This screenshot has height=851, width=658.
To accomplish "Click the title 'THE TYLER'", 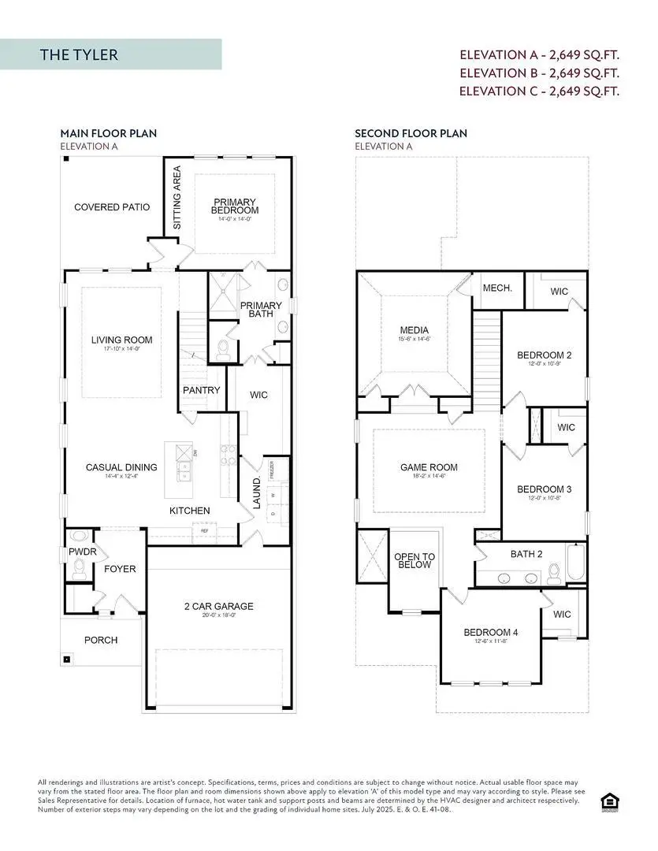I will tap(79, 55).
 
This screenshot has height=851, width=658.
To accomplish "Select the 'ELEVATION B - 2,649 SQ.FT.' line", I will tap(540, 72).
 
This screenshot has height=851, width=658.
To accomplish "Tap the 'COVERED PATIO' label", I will tap(112, 207).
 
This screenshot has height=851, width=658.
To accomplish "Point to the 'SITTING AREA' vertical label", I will tap(177, 197).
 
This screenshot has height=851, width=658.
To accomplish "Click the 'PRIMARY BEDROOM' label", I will tap(235, 206).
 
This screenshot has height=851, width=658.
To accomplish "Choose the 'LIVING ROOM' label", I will tap(121, 340).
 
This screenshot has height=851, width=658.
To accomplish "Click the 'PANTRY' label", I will tap(201, 390).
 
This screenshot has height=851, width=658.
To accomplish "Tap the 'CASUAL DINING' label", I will tap(121, 467).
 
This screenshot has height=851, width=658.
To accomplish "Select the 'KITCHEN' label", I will tap(190, 511).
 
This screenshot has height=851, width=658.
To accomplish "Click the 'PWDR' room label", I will tap(82, 552).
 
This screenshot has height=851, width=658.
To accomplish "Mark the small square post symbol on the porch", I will tap(67, 660).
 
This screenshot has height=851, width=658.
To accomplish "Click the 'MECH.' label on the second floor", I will tap(497, 288).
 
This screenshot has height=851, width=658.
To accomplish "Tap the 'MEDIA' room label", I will tap(415, 330).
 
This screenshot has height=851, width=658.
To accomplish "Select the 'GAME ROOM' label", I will tap(429, 467).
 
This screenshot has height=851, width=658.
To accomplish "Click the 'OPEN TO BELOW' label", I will tap(414, 560).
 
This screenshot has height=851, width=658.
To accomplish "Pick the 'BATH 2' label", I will tap(526, 554).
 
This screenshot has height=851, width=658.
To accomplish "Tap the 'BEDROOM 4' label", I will tap(490, 632).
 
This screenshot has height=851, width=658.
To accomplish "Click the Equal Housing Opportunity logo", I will tap(608, 801).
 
